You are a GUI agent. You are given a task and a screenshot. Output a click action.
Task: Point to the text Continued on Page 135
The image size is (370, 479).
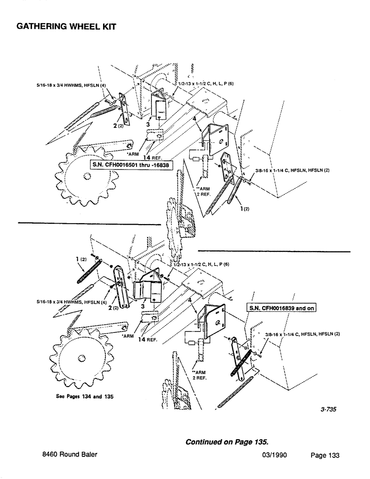227,440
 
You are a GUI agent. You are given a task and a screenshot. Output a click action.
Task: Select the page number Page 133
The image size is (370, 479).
322,456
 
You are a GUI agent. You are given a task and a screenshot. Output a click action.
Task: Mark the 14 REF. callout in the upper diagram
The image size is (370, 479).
154,157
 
